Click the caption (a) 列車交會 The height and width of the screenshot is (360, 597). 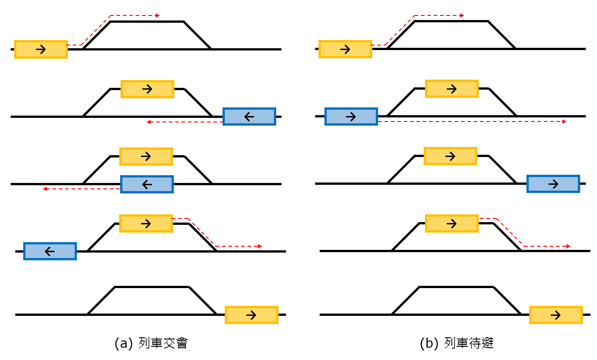point(151,343)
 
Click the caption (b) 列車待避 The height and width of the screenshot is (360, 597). point(456,343)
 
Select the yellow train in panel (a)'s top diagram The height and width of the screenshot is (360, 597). point(41,49)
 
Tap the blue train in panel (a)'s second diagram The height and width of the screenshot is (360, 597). point(249,117)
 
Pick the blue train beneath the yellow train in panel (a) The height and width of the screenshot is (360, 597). point(147,184)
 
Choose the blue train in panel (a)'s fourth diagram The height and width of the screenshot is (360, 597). point(50,251)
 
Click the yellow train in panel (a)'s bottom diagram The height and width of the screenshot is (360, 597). point(252,315)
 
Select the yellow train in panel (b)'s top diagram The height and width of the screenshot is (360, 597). point(345,49)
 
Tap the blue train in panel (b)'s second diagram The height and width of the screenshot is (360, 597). point(351,117)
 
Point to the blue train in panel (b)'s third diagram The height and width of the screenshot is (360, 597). point(553,184)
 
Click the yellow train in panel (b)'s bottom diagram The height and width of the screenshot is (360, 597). point(556,315)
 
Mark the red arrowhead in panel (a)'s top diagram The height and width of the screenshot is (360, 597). point(157,15)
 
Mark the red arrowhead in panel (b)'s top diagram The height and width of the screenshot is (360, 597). point(462,15)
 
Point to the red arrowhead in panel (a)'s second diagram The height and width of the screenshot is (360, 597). point(149,122)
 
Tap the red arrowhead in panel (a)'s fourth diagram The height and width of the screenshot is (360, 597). point(260,246)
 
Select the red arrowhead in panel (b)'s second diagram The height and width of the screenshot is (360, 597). point(564,122)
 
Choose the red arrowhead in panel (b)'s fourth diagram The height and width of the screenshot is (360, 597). point(568,246)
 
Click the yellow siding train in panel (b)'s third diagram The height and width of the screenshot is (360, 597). point(450,156)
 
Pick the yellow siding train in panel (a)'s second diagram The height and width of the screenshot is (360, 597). point(147,89)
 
